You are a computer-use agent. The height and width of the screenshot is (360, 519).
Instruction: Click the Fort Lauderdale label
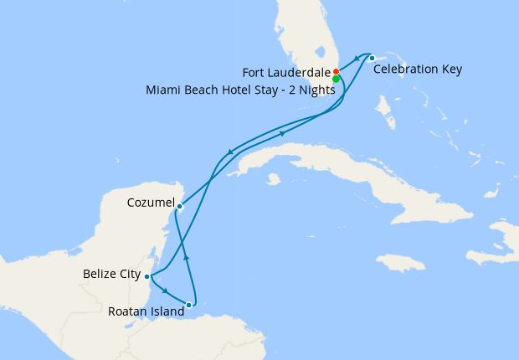click(x=286, y=72)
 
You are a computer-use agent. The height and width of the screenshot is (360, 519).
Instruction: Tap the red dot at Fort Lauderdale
click(x=336, y=71)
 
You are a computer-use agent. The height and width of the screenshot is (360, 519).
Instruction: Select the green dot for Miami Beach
click(x=336, y=80)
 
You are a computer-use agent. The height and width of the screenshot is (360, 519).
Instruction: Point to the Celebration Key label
click(x=418, y=69)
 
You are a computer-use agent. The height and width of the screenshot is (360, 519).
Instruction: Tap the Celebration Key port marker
click(x=372, y=58)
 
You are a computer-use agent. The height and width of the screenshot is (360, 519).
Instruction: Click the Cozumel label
click(x=151, y=203)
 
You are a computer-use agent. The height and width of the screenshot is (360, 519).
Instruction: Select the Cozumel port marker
click(x=179, y=206)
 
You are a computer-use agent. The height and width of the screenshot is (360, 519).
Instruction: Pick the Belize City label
click(x=111, y=273)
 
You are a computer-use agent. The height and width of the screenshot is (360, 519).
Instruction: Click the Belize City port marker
click(x=147, y=276)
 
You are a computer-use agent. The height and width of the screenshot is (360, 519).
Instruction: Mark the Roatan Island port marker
click(x=200, y=306)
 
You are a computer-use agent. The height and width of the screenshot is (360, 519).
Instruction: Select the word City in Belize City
click(x=127, y=273)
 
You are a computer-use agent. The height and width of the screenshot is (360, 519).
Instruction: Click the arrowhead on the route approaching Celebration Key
click(x=357, y=58)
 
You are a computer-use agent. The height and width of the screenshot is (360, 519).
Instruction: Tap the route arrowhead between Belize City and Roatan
click(x=166, y=291)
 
